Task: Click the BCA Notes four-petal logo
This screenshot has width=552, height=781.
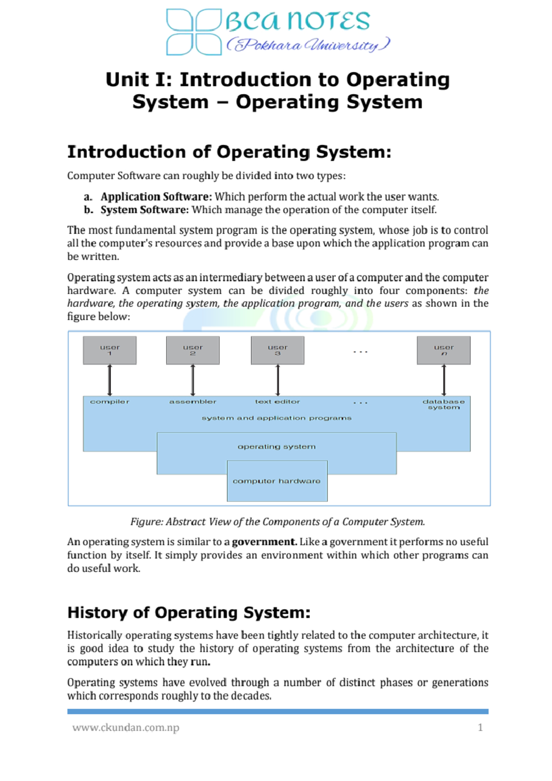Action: pos(194,32)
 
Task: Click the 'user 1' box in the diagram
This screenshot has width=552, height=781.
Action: pos(109,350)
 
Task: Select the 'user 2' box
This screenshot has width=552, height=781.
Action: pos(193,350)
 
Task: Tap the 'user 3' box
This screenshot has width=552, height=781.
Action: pos(277,350)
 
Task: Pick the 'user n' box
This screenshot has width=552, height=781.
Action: pos(443,350)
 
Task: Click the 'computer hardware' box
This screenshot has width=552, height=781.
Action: pos(277,481)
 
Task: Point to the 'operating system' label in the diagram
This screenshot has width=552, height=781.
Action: pos(276,447)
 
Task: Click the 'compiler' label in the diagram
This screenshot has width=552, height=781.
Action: pos(109,402)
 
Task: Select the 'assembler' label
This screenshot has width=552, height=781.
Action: pos(193,402)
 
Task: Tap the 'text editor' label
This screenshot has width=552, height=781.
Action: pos(277,402)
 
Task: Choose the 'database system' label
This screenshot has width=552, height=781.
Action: pos(443,404)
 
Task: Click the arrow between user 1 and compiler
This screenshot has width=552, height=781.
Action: pos(109,380)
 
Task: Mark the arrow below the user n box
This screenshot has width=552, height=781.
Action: pos(443,380)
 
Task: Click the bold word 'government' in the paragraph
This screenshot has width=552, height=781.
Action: pos(264,542)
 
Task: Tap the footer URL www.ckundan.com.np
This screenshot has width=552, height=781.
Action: pos(126,728)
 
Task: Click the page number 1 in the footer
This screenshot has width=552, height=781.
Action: pos(480,728)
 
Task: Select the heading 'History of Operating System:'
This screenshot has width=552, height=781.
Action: pos(189,612)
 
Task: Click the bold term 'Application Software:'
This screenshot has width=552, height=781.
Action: pos(156,197)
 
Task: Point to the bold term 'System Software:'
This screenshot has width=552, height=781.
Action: pos(144,210)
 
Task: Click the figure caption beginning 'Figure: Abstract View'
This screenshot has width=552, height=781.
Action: pos(277,522)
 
